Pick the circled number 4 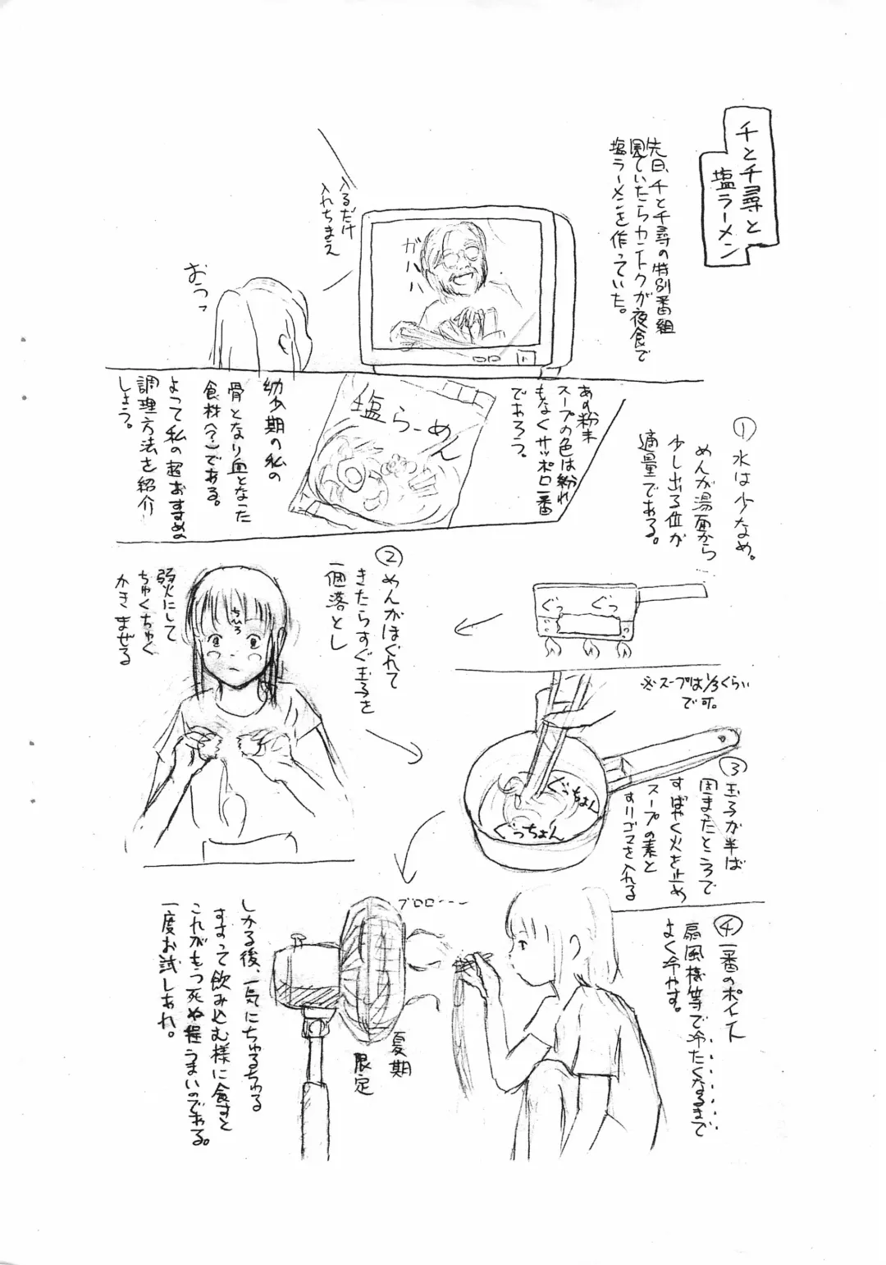click(x=724, y=927)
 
